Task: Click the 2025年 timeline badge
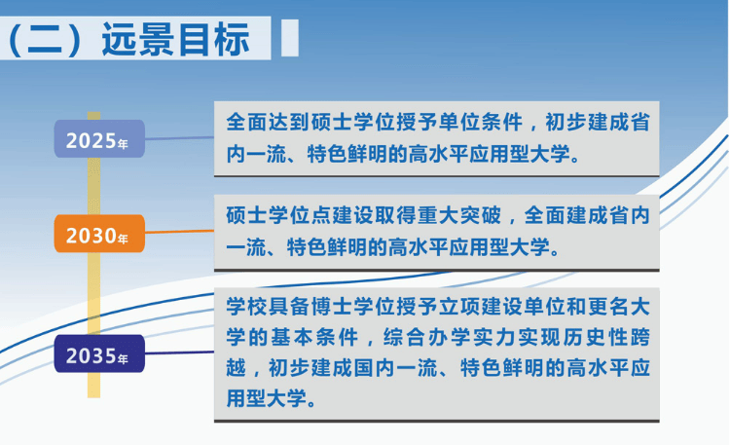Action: (99, 139)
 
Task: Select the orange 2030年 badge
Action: (99, 234)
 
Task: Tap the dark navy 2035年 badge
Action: (99, 353)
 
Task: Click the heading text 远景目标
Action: (175, 39)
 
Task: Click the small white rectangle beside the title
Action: (290, 38)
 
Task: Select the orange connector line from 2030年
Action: (179, 231)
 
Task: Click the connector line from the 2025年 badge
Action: (179, 138)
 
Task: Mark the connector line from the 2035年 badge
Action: (179, 352)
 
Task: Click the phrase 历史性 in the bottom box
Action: (597, 337)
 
